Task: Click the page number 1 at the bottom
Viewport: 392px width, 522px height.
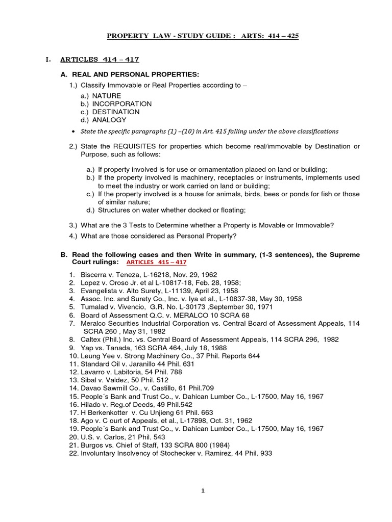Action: pos(203,490)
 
